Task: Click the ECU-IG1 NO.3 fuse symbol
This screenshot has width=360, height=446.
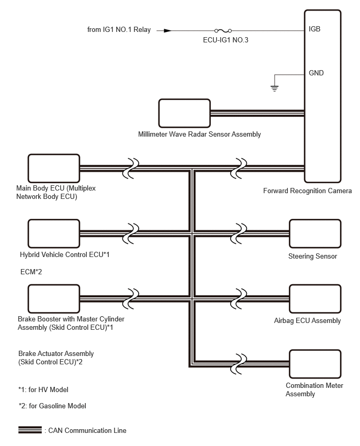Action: click(x=223, y=30)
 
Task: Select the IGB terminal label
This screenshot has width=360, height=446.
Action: click(x=315, y=29)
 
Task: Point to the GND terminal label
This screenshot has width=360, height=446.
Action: click(x=316, y=73)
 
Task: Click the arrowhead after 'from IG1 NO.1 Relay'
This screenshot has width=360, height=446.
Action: click(x=167, y=30)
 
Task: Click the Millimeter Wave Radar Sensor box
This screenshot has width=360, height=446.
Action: click(x=184, y=113)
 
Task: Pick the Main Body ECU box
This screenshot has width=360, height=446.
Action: click(x=53, y=167)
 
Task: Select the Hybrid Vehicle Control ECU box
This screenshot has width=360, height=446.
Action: click(x=53, y=232)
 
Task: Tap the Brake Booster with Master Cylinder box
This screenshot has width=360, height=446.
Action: click(x=53, y=298)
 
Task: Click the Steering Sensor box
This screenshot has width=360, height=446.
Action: click(x=315, y=232)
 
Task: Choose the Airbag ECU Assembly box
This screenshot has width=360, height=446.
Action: click(x=315, y=298)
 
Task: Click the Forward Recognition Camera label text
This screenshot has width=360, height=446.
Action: click(x=307, y=191)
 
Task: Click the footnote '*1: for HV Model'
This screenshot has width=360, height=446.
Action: click(x=43, y=389)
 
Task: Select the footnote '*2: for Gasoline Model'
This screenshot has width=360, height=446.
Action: click(x=52, y=406)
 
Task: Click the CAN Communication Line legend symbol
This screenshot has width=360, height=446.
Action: click(x=30, y=430)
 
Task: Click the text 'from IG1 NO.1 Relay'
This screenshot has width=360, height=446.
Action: click(x=119, y=29)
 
